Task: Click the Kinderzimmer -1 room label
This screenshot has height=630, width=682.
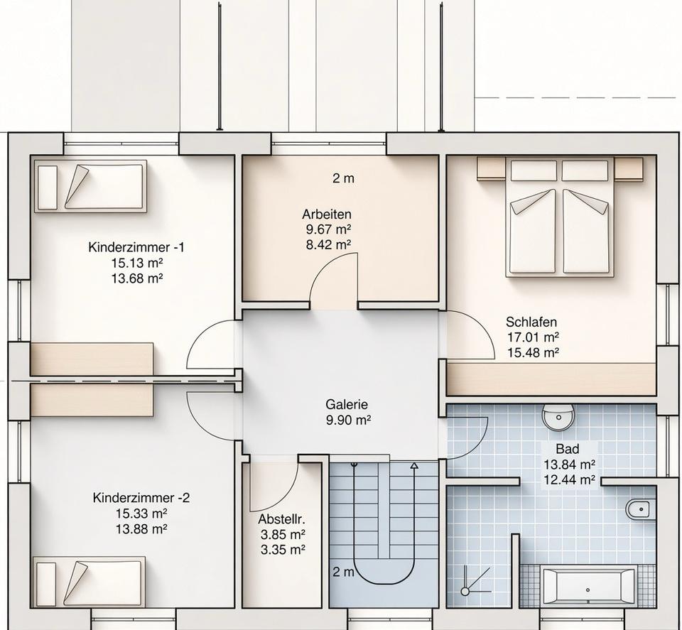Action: pyautogui.click(x=136, y=247)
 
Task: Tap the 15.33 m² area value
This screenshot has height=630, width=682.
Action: pyautogui.click(x=141, y=514)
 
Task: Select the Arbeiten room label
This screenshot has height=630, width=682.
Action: pyautogui.click(x=327, y=214)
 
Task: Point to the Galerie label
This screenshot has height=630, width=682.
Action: pyautogui.click(x=347, y=404)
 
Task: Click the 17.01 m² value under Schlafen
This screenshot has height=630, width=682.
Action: pyautogui.click(x=533, y=337)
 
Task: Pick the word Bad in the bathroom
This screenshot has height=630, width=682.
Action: pyautogui.click(x=567, y=449)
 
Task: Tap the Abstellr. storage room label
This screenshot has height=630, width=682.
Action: pyautogui.click(x=281, y=519)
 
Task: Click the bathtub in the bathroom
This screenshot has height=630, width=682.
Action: pyautogui.click(x=588, y=587)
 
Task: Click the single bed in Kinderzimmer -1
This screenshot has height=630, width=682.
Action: pyautogui.click(x=90, y=186)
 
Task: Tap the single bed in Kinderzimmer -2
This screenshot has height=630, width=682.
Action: pyautogui.click(x=89, y=582)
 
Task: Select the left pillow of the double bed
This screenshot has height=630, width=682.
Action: pyautogui.click(x=534, y=170)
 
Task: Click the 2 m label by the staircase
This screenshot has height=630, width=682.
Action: pyautogui.click(x=343, y=572)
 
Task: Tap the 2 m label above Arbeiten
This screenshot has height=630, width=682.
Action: pyautogui.click(x=343, y=178)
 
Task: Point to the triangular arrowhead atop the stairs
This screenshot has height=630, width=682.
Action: pyautogui.click(x=414, y=466)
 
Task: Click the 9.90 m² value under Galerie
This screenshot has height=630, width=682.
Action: pyautogui.click(x=348, y=420)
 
